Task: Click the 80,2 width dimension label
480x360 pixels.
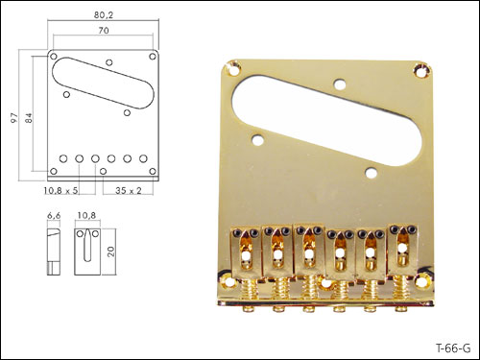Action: tap(104, 15)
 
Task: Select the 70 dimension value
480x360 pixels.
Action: tap(104, 31)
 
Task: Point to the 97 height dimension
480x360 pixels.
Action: tap(13, 118)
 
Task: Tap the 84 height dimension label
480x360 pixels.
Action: tap(29, 118)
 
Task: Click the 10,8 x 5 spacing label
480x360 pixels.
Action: tap(60, 191)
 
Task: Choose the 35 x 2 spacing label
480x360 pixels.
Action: tap(129, 191)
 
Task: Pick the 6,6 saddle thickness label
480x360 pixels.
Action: tap(54, 216)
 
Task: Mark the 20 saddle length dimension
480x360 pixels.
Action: tap(111, 252)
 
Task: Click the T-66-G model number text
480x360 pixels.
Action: tap(453, 348)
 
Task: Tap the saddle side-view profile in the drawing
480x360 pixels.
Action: tap(54, 252)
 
